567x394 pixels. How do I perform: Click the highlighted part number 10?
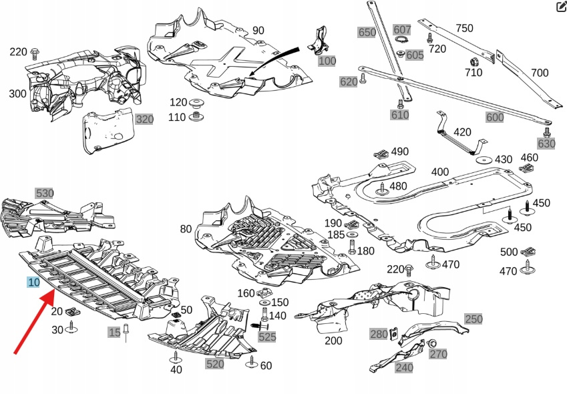tap(33, 282)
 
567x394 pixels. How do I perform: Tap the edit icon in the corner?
tap(561, 7)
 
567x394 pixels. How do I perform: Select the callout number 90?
tap(258, 31)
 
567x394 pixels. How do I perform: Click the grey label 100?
tap(327, 61)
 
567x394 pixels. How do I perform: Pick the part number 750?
tap(464, 28)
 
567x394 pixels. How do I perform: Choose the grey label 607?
tap(402, 29)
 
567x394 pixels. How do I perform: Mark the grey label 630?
tap(546, 144)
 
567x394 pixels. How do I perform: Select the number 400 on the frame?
tap(439, 172)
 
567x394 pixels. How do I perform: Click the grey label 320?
tap(144, 120)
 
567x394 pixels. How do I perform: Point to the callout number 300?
tap(18, 94)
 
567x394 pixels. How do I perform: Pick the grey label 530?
tap(45, 193)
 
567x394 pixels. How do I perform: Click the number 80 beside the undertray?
tap(186, 230)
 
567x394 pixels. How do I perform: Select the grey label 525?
tap(267, 337)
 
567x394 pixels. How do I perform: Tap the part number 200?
tap(333, 341)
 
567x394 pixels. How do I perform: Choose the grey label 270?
tap(438, 354)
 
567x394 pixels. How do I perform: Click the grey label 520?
tap(215, 364)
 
